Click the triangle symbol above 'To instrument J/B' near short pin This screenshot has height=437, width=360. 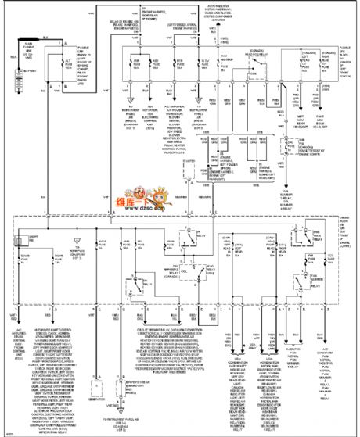[x=76, y=235]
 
